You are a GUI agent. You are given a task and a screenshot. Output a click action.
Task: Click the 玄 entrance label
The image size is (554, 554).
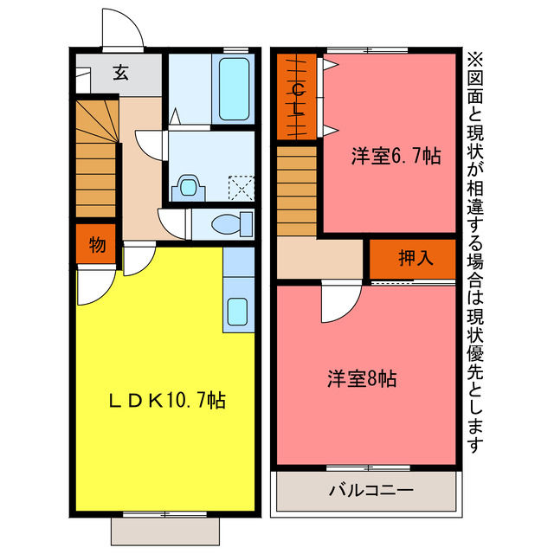click(x=120, y=74)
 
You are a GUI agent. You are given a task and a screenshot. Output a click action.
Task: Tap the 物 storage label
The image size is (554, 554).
click(x=97, y=246)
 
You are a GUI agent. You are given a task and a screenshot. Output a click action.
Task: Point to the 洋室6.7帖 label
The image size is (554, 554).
click(x=395, y=157)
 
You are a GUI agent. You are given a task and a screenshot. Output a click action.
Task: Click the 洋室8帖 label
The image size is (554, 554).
click(x=362, y=379)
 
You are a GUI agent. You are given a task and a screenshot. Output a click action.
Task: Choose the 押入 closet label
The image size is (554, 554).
click(x=413, y=257)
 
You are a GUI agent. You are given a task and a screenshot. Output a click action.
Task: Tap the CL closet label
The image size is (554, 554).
click(x=297, y=97)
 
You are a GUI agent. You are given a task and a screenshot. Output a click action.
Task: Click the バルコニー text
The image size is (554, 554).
click(x=370, y=491)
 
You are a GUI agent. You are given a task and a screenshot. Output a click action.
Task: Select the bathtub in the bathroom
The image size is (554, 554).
click(x=234, y=89)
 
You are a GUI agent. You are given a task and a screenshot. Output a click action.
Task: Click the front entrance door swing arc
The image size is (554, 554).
click(x=122, y=30)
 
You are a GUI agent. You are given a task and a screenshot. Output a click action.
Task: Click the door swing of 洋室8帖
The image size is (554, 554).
click(x=339, y=303)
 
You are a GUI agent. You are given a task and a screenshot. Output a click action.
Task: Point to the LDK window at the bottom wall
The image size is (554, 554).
click(x=164, y=515)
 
